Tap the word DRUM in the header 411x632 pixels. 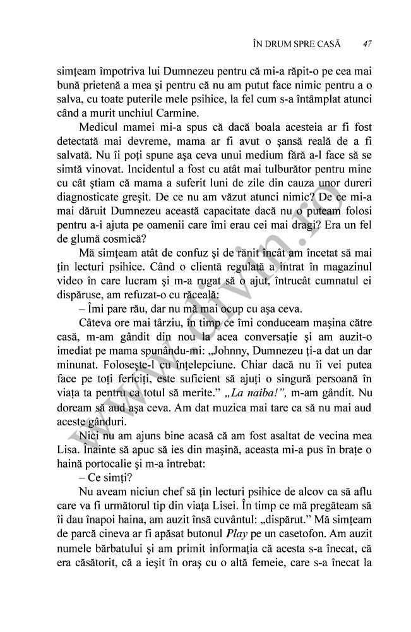pos(278,44)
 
